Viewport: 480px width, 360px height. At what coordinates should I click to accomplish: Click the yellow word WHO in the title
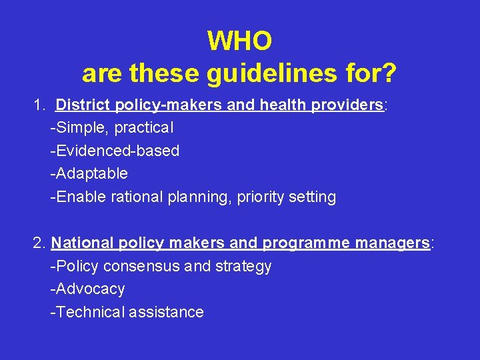pyautogui.click(x=239, y=41)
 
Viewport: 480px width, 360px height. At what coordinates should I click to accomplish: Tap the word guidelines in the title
pyautogui.click(x=262, y=73)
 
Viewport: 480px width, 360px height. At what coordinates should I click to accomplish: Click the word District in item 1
pyautogui.click(x=83, y=105)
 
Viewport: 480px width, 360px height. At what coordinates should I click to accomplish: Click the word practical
pyautogui.click(x=144, y=128)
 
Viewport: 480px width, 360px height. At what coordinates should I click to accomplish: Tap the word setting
pyautogui.click(x=313, y=197)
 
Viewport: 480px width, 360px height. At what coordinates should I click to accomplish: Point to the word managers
pyautogui.click(x=393, y=243)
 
